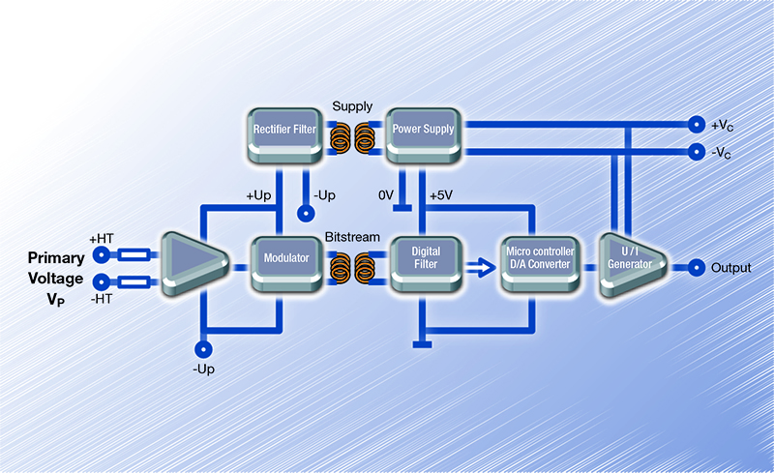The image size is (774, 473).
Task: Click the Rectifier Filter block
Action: pyautogui.click(x=279, y=131)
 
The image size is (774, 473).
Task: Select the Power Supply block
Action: pyautogui.click(x=423, y=131)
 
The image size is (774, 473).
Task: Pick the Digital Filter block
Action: pyautogui.click(x=425, y=260)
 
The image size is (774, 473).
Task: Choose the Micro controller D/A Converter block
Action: pyautogui.click(x=540, y=260)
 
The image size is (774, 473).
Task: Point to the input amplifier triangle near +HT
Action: pyautogui.click(x=191, y=262)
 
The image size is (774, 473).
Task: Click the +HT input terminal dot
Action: pyautogui.click(x=101, y=255)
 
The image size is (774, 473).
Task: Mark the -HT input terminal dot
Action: pyautogui.click(x=101, y=281)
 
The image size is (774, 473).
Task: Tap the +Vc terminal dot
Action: pyautogui.click(x=695, y=125)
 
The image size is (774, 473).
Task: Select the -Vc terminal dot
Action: pyautogui.click(x=695, y=151)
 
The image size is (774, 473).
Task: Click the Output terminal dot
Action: pyautogui.click(x=695, y=268)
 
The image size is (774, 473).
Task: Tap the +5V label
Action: pyautogui.click(x=440, y=195)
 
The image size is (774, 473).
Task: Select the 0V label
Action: pyautogui.click(x=386, y=195)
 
